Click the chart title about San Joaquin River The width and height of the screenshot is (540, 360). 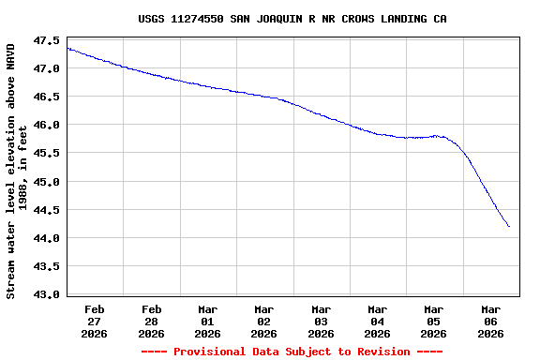(x=292, y=19)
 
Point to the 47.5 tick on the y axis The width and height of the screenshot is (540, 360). (x=47, y=40)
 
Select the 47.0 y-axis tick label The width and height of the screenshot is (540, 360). (x=47, y=68)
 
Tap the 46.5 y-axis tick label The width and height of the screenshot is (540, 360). (x=47, y=97)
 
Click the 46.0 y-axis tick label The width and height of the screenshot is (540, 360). (x=47, y=125)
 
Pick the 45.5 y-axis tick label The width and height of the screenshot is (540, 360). (x=47, y=153)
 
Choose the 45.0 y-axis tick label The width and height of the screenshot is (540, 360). (x=47, y=181)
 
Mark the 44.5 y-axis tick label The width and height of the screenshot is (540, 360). (x=47, y=209)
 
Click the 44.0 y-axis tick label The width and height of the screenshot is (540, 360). (x=47, y=238)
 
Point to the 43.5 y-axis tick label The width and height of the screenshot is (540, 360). (x=47, y=266)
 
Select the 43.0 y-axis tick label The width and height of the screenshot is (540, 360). (x=47, y=294)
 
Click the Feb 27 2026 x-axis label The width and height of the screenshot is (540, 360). (x=95, y=321)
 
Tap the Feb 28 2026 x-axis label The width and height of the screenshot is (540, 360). (x=151, y=321)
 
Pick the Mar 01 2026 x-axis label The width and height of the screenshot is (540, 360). (x=207, y=321)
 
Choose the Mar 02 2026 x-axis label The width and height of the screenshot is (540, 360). (x=264, y=321)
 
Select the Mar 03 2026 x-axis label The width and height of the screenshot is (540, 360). (x=321, y=321)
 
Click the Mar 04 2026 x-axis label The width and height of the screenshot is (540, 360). (x=377, y=321)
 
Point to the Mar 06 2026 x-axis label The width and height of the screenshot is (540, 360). (x=490, y=321)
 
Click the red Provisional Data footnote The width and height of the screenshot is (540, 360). (x=292, y=352)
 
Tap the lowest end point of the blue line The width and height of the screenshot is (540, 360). (x=509, y=226)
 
